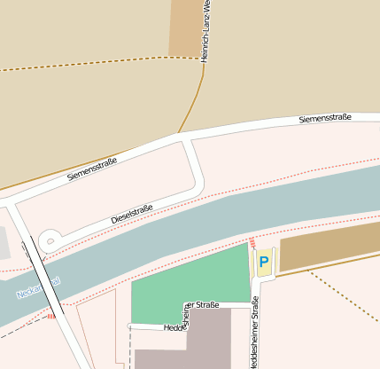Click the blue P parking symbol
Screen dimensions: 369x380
(x=263, y=263)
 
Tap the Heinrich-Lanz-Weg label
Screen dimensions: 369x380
(x=206, y=30)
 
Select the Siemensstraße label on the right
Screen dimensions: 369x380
(x=325, y=118)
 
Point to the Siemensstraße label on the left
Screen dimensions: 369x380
(x=92, y=165)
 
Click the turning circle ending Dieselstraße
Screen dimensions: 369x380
(x=50, y=239)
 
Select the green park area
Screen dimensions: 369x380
(x=186, y=284)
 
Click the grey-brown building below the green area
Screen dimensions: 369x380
(x=190, y=342)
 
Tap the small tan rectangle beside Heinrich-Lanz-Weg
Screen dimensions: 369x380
(x=184, y=27)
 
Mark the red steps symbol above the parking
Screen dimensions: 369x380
(x=252, y=241)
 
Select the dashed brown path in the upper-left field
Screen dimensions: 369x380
(x=89, y=64)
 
